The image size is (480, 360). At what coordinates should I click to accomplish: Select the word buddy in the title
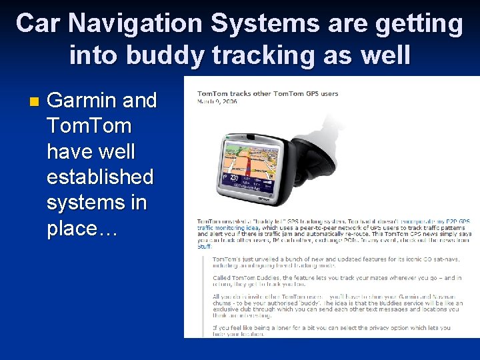(165, 55)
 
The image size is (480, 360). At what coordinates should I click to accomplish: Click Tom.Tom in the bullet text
(89, 126)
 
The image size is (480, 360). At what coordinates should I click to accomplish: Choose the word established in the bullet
(100, 177)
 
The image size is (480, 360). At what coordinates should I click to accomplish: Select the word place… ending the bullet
(82, 228)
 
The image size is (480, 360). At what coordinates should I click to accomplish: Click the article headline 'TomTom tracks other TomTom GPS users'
(267, 93)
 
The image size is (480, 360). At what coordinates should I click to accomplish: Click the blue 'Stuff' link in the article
(203, 247)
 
